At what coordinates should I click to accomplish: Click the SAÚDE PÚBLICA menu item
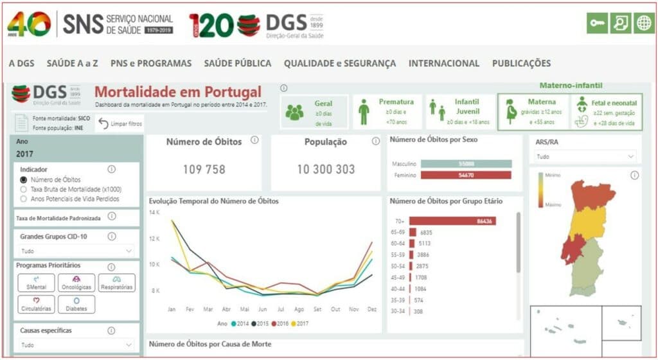[x=237, y=63]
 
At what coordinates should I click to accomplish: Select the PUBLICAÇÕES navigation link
[x=521, y=63]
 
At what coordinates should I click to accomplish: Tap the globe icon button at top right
[x=643, y=23]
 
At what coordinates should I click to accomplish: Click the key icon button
[x=597, y=23]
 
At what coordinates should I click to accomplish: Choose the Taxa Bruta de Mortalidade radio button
[x=24, y=190]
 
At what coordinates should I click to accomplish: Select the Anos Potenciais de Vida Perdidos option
[x=24, y=199]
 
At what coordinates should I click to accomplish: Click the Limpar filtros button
[x=120, y=123]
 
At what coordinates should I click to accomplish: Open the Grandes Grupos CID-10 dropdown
[x=76, y=251]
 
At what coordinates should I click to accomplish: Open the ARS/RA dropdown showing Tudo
[x=585, y=156]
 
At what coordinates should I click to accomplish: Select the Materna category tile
[x=533, y=111]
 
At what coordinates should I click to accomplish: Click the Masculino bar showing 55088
[x=468, y=164]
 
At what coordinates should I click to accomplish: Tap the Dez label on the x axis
[x=371, y=309]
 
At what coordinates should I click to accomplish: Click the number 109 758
[x=204, y=170]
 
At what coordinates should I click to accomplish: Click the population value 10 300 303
[x=325, y=170]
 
